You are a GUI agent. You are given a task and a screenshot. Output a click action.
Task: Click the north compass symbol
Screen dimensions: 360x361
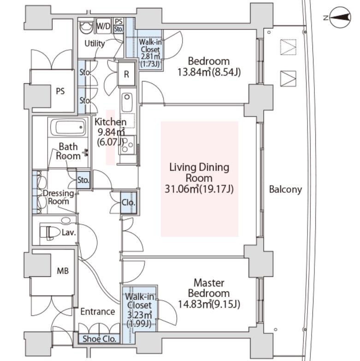340,17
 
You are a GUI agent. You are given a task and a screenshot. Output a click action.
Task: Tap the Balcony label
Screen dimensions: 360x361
285,190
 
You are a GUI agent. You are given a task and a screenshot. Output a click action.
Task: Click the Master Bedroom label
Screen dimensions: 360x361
209,288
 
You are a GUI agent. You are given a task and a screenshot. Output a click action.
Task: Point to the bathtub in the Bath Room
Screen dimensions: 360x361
68,127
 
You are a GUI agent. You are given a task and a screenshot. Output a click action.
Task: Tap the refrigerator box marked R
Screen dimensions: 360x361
126,74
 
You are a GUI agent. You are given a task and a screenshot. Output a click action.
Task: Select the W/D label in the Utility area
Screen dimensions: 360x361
103,26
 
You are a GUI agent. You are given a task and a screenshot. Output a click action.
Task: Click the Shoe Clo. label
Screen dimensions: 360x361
100,339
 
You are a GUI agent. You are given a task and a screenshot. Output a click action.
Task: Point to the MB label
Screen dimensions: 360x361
63,271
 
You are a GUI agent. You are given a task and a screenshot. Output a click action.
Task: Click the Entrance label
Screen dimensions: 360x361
98,311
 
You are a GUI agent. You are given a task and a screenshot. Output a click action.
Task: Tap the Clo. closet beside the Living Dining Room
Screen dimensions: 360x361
128,203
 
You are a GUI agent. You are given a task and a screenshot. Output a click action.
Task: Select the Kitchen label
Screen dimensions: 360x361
111,122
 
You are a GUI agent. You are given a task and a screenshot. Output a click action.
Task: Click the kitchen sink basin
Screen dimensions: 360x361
127,102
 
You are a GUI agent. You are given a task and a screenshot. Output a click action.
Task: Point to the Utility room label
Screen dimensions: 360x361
94,43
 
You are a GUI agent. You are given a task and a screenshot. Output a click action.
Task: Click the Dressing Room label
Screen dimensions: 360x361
59,197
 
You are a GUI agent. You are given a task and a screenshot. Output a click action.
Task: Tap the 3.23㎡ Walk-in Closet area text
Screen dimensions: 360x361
139,314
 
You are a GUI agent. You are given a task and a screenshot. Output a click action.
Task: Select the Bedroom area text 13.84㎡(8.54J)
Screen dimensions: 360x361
209,72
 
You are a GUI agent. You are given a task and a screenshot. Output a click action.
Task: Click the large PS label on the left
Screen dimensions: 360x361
60,91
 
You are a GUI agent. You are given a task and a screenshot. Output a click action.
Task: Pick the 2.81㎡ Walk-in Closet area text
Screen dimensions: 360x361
150,56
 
